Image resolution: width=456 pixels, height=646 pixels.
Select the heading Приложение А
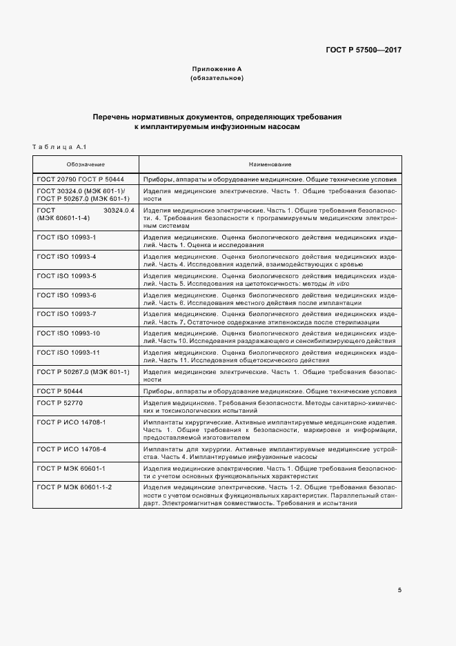[217, 70]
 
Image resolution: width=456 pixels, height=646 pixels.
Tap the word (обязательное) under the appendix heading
[217, 79]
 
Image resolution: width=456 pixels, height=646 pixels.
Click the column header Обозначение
[86, 164]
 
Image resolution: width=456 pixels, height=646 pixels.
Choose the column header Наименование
[270, 164]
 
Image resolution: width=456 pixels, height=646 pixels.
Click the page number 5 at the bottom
[399, 589]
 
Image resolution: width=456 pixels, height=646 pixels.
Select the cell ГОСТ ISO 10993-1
[67, 237]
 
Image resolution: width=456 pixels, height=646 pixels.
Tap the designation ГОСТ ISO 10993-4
[67, 256]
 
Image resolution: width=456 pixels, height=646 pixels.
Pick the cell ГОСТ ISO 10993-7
[67, 314]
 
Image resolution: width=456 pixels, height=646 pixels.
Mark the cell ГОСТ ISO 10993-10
[68, 333]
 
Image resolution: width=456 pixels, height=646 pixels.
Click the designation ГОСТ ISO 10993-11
[68, 352]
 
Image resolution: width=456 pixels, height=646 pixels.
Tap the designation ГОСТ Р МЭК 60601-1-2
[75, 487]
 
